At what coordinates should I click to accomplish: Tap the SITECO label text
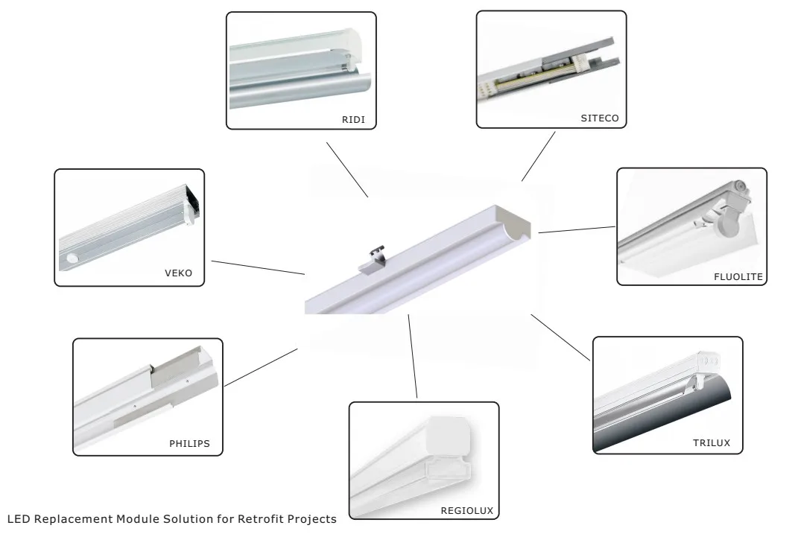(x=599, y=118)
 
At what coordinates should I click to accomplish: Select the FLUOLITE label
(x=737, y=276)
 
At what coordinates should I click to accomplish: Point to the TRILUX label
(x=711, y=443)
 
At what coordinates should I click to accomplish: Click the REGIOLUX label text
(x=466, y=510)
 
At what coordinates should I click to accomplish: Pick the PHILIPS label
(x=189, y=444)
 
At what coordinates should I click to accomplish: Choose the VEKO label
(x=178, y=273)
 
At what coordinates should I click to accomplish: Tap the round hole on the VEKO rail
(x=73, y=258)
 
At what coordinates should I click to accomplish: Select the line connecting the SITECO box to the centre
(x=539, y=156)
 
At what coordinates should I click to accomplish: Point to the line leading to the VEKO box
(x=258, y=267)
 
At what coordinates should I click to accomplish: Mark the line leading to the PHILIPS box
(x=260, y=366)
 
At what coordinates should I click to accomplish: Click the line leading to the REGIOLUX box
(x=412, y=356)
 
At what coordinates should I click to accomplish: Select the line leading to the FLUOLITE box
(x=577, y=229)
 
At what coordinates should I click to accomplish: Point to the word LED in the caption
(x=17, y=518)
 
